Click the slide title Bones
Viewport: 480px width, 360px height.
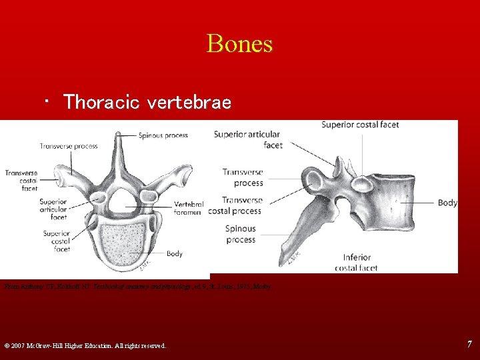pos(239,44)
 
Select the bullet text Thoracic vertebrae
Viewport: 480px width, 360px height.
pos(147,102)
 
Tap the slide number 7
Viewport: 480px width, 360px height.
pos(469,344)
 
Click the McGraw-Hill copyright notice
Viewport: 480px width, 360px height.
pos(85,345)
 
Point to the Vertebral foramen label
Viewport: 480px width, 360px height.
pos(187,208)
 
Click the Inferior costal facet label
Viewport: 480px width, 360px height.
pos(361,263)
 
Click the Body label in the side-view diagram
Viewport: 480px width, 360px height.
pos(447,203)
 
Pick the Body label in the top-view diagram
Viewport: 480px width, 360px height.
pos(175,253)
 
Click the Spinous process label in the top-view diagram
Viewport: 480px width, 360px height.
pos(163,135)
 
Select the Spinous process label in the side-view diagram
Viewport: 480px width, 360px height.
pos(240,234)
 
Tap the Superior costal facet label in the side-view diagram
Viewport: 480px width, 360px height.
pos(360,125)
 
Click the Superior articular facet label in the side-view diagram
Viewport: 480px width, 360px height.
pos(248,139)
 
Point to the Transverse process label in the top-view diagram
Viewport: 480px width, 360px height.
pos(68,146)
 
